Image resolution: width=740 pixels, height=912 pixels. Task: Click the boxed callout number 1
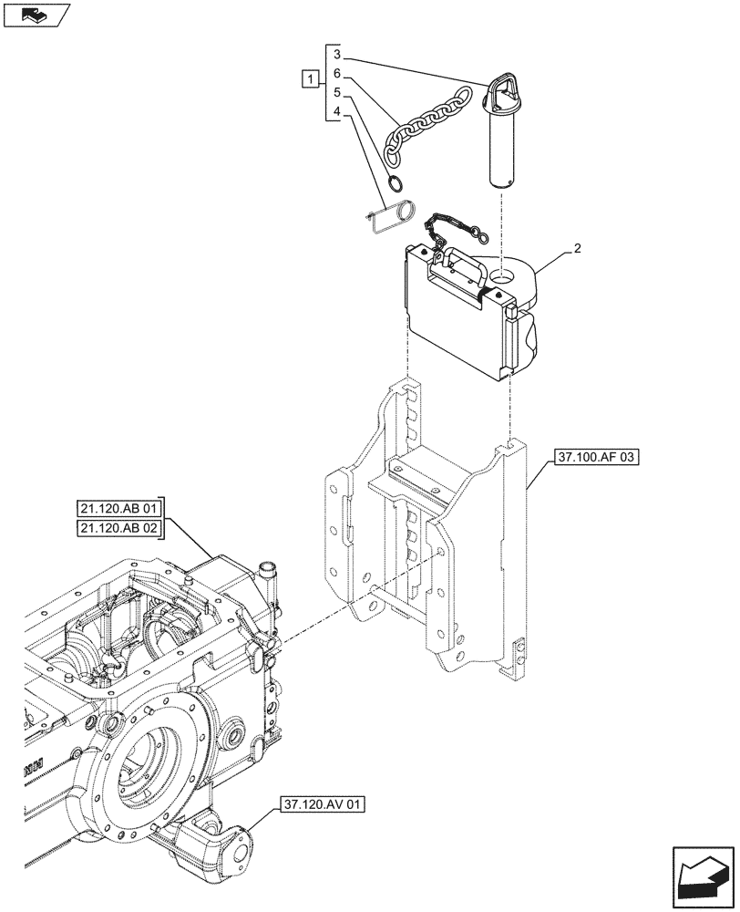[x=312, y=78]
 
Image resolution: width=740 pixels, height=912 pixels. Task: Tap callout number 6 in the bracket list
[x=336, y=73]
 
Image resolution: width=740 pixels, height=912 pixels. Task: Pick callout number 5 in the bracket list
[x=336, y=92]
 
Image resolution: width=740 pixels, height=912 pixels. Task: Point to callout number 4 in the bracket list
[x=336, y=112]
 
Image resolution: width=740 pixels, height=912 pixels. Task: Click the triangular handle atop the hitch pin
[x=502, y=91]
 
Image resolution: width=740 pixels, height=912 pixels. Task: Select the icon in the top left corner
[x=36, y=15]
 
